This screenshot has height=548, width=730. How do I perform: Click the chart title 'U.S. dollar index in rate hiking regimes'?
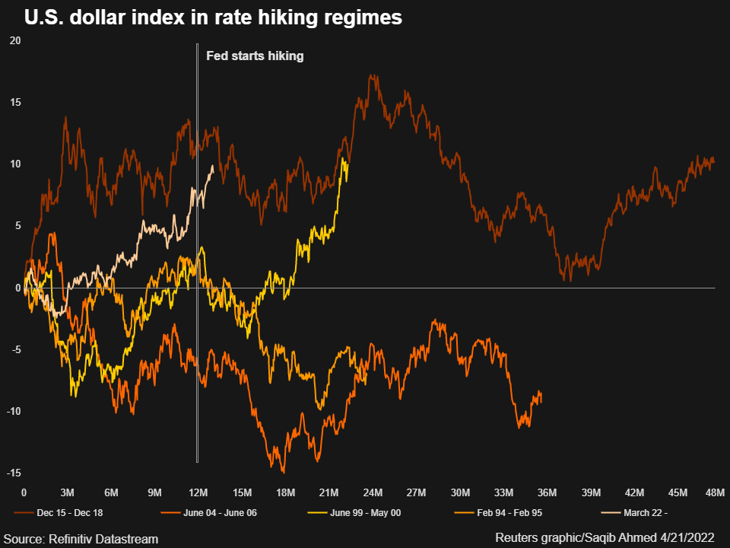(x=213, y=18)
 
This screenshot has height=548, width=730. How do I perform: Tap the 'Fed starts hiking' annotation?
(x=255, y=56)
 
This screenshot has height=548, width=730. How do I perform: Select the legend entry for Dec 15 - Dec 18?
(x=59, y=512)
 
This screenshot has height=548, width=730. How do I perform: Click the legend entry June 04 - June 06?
(x=208, y=512)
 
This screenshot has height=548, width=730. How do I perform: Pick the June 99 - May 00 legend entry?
(x=354, y=512)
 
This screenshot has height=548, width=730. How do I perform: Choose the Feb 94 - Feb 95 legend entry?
(x=498, y=512)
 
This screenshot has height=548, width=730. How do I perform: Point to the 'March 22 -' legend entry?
(x=634, y=512)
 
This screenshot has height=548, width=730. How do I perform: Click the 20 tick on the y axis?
(x=15, y=41)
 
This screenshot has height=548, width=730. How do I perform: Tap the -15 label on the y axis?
(x=14, y=473)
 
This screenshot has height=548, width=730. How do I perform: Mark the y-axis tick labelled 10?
(x=15, y=164)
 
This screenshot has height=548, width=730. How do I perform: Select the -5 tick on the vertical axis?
(x=16, y=349)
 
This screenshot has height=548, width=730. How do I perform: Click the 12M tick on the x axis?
(x=198, y=492)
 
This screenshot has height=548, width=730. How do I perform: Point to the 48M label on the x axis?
(x=715, y=492)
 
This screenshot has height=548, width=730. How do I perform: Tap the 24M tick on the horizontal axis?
(x=373, y=492)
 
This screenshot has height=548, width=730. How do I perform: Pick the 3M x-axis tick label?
(x=68, y=492)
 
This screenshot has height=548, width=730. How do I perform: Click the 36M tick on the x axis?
(x=547, y=492)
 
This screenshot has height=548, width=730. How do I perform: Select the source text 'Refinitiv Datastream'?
(x=103, y=539)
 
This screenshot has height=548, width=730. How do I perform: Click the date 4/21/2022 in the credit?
(x=687, y=538)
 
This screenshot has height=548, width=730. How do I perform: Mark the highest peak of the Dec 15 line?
(x=371, y=75)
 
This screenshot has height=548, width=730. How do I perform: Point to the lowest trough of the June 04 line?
(x=283, y=473)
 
